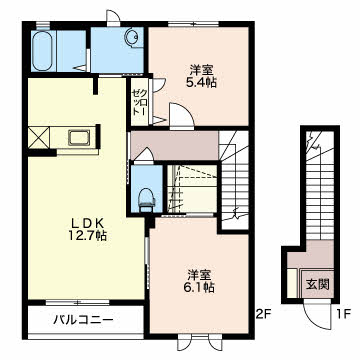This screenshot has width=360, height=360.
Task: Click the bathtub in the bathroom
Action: (43, 51)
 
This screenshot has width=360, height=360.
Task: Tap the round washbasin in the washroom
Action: (132, 36)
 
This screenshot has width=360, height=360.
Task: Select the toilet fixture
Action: (146, 199)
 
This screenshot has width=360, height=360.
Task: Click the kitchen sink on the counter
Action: (79, 137)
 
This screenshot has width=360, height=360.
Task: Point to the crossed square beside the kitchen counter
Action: (38, 137)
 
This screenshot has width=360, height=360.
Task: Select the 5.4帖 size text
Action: (201, 82)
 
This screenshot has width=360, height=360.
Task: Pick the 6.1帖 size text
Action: (199, 286)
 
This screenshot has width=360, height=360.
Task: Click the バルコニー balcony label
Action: (83, 321)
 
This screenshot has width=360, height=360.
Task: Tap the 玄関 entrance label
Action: (318, 284)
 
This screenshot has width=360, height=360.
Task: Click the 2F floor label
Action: (264, 314)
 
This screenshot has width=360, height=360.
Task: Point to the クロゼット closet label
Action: (138, 102)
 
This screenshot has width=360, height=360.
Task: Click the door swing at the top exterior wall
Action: (113, 17)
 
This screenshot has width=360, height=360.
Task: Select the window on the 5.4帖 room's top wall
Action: (193, 23)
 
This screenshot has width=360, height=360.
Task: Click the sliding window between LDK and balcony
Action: (78, 302)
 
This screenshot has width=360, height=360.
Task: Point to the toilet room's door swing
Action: (143, 156)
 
